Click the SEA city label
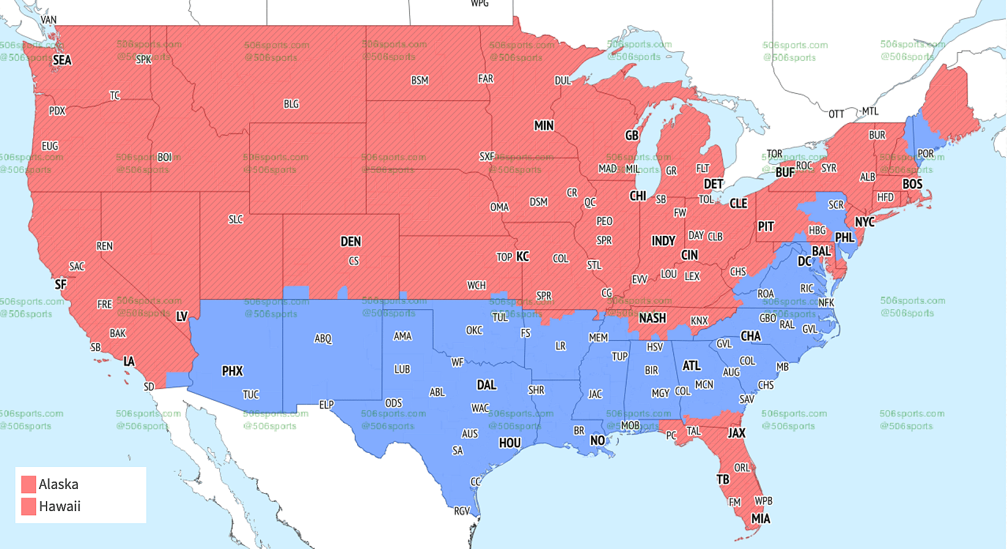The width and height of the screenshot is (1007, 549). tap(62, 60)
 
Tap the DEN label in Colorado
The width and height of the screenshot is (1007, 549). tap(351, 241)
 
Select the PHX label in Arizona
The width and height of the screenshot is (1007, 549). tap(232, 371)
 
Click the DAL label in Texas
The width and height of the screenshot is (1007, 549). tap(486, 385)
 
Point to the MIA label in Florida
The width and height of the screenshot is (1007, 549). tap(760, 518)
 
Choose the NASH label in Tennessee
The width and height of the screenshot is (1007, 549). tap(652, 318)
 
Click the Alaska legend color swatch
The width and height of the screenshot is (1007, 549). tap(29, 484)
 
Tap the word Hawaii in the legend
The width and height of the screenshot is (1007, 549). tap(59, 506)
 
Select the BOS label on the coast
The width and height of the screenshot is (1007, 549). tap(912, 184)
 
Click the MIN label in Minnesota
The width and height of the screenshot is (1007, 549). tap(543, 126)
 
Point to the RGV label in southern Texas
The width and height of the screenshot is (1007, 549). tap(462, 510)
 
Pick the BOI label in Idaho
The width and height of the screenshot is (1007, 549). tap(165, 157)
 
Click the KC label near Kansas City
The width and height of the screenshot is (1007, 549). tap(522, 256)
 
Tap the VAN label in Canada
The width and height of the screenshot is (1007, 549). tap(48, 20)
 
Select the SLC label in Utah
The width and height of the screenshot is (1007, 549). tap(236, 219)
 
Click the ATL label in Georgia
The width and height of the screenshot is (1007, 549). tap(692, 366)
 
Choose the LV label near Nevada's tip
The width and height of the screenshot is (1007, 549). tap(182, 317)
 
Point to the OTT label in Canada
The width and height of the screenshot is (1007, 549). tap(836, 114)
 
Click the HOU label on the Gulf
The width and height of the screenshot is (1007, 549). tap(510, 442)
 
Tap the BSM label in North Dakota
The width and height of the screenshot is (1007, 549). tap(420, 80)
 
